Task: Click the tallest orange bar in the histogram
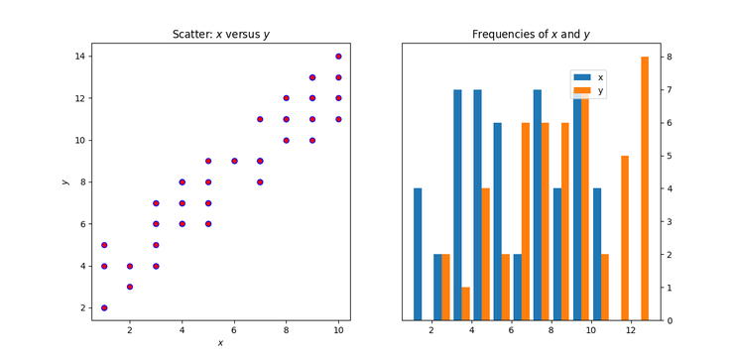point(645,188)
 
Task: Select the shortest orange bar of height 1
point(466,303)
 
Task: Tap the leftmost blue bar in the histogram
point(418,254)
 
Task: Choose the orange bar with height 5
point(625,238)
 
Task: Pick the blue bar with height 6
point(497,221)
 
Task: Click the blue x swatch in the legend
point(581,76)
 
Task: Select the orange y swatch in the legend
point(581,90)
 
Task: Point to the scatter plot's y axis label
point(64,181)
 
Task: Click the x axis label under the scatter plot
point(220,343)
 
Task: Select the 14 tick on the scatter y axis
point(83,57)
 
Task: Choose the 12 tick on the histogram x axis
point(631,331)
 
